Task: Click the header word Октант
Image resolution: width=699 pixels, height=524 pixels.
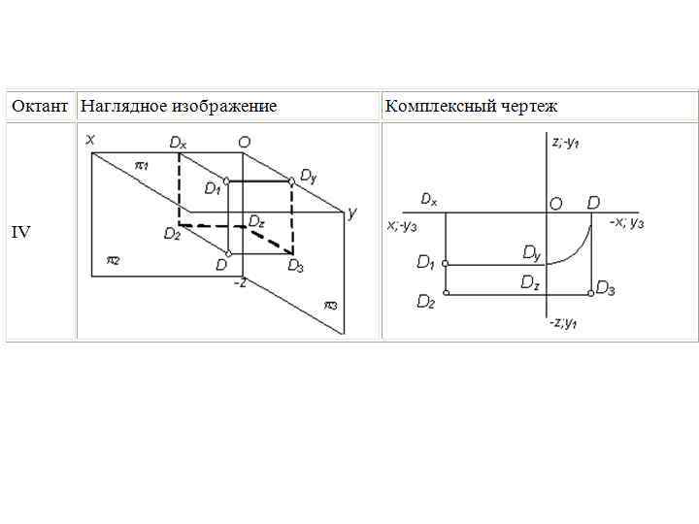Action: tap(41, 106)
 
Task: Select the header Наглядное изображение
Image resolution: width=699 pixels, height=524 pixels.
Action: tap(179, 106)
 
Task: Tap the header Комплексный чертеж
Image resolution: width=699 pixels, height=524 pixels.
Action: tap(471, 106)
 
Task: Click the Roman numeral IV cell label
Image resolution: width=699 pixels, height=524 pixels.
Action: tap(20, 232)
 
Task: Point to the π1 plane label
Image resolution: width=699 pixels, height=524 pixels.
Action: tap(141, 165)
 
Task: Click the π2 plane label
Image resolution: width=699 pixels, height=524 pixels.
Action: tap(113, 260)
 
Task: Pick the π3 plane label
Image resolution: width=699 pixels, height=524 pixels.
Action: tap(330, 306)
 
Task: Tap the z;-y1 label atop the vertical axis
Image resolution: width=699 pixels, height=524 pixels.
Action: tap(565, 143)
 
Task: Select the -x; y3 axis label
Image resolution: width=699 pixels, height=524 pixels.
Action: tap(627, 223)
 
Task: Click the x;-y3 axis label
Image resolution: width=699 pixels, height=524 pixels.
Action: tap(402, 226)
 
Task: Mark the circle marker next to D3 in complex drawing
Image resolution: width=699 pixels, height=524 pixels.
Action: tap(591, 292)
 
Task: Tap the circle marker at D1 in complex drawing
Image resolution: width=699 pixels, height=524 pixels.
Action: tap(446, 263)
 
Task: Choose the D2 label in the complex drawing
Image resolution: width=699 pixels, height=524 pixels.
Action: tap(425, 302)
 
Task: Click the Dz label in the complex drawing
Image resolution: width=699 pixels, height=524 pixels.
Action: tap(529, 282)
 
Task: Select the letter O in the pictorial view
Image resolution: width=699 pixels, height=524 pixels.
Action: tap(245, 142)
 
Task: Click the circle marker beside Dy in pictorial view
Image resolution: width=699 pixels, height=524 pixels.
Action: tap(291, 180)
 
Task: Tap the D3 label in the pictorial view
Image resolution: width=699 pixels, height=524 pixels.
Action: tap(296, 266)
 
